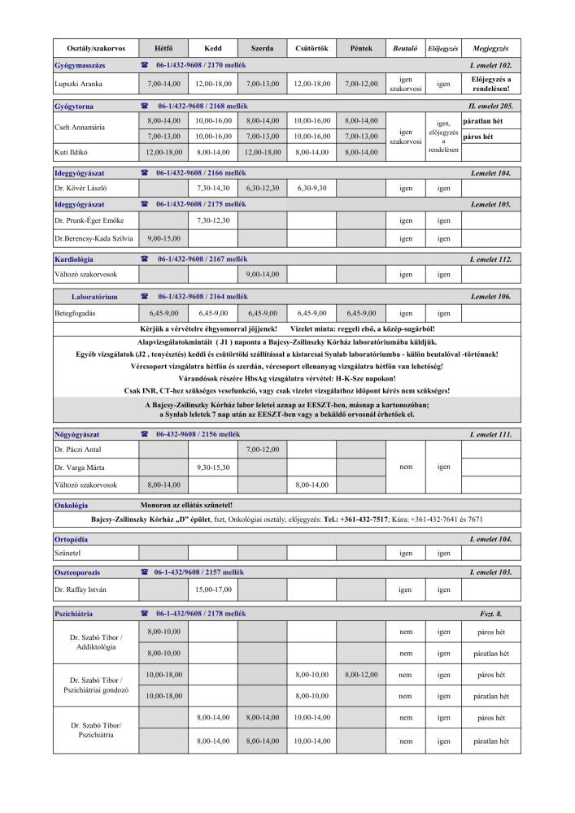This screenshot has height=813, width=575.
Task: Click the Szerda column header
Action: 262,49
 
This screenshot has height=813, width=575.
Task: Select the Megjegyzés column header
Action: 490,49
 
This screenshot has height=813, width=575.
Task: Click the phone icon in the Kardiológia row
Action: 144,259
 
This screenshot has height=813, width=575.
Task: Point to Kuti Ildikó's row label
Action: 71,152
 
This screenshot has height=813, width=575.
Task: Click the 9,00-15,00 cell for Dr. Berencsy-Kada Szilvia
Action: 163,239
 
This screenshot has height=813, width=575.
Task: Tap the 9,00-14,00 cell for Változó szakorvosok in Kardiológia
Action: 262,275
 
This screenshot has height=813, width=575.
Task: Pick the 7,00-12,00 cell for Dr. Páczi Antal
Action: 262,450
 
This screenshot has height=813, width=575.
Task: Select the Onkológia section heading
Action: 71,506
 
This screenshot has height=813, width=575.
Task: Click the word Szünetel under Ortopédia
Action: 67,553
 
